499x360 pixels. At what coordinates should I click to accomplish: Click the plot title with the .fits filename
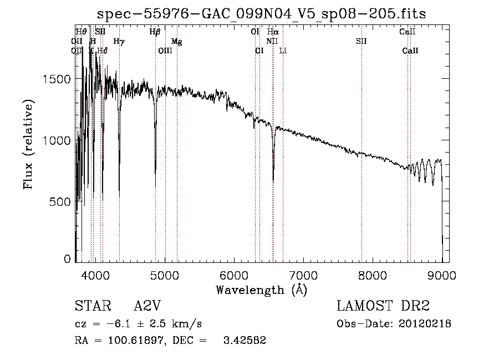[x=262, y=14]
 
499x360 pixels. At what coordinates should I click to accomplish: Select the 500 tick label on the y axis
[x=61, y=202]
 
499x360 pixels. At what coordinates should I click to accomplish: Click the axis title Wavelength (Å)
[x=261, y=290]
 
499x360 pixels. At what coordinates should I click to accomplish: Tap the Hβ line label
[x=155, y=32]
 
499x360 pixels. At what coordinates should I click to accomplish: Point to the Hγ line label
[x=119, y=41]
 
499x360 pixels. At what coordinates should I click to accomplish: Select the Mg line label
[x=176, y=41]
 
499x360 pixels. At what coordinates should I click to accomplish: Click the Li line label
[x=283, y=50]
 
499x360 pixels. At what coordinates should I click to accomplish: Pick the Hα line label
[x=273, y=32]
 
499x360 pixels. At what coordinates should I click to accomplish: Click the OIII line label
[x=165, y=50]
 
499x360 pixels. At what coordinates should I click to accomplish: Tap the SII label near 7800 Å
[x=361, y=41]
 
